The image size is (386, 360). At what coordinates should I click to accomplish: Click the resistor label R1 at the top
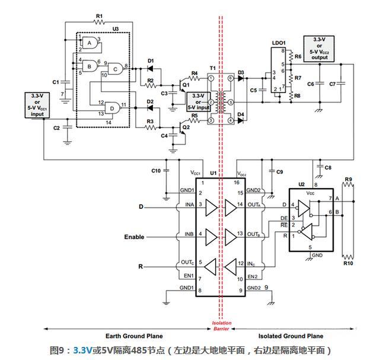point(99,15)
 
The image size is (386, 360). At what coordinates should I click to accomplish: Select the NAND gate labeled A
point(90,43)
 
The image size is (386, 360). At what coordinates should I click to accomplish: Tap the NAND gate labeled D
point(110,108)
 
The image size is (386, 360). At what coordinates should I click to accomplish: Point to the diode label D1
point(150,60)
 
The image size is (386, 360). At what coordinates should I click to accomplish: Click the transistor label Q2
point(186,127)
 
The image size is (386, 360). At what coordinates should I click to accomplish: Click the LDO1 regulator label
point(279,43)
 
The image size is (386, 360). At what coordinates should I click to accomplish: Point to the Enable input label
point(134,237)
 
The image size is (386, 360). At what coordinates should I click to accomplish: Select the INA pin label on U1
point(190,205)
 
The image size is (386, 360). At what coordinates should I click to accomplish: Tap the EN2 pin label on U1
point(252,276)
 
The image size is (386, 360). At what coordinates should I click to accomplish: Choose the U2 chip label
point(301,184)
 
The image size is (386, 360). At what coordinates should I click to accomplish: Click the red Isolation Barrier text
point(222,327)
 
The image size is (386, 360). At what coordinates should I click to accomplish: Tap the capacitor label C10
point(156,171)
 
